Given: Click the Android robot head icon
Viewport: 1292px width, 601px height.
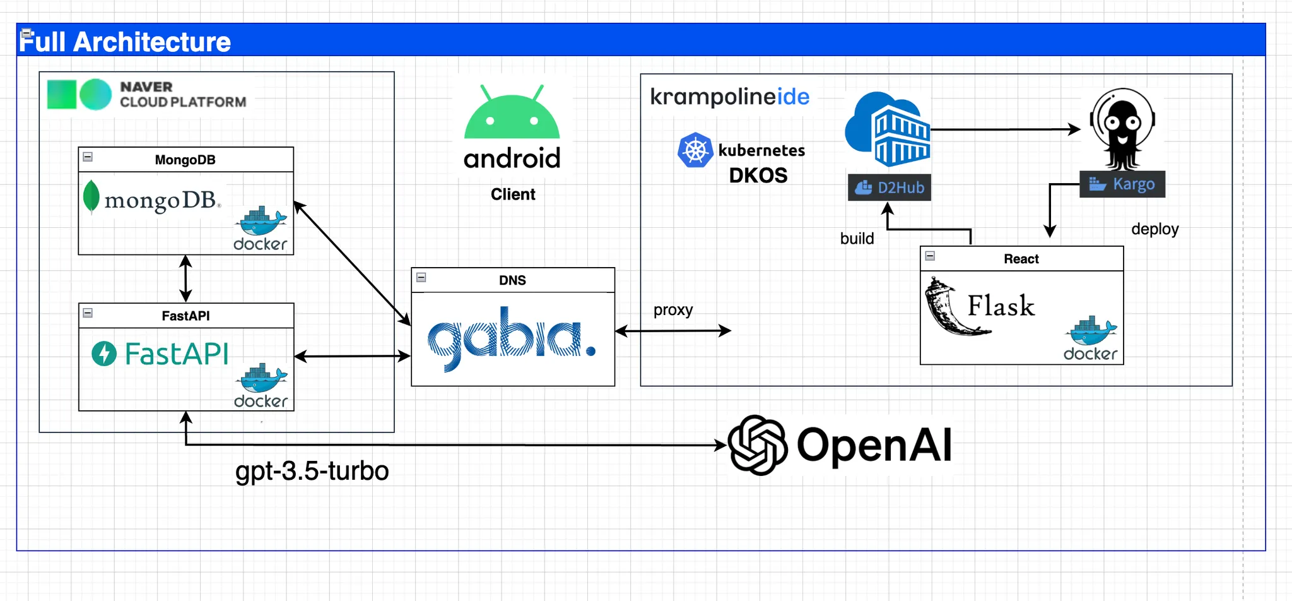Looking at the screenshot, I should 512,114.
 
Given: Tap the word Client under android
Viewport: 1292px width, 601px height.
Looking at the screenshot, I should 513,194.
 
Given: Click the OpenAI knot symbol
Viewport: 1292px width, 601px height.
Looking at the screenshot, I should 757,445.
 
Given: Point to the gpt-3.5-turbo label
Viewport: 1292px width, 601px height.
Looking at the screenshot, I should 312,471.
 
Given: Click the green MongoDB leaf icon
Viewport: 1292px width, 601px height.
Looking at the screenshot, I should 91,196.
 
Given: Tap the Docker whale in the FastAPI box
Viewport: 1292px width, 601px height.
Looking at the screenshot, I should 261,379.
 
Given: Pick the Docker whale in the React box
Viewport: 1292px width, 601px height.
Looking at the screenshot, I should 1091,332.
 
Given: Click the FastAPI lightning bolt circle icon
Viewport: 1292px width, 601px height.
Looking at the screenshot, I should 104,354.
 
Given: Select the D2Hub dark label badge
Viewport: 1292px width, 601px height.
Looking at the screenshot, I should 889,187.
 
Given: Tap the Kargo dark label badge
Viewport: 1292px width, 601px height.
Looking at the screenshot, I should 1122,184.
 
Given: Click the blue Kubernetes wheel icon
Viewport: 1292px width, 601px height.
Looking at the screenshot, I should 695,150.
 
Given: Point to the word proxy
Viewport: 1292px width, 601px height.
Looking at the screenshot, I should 672,310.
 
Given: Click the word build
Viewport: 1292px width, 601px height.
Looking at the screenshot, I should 857,239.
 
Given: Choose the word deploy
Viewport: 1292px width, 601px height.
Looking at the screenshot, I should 1154,229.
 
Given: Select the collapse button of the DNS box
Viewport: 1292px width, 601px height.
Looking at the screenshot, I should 421,277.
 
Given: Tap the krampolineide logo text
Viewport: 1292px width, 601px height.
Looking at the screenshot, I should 729,97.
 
